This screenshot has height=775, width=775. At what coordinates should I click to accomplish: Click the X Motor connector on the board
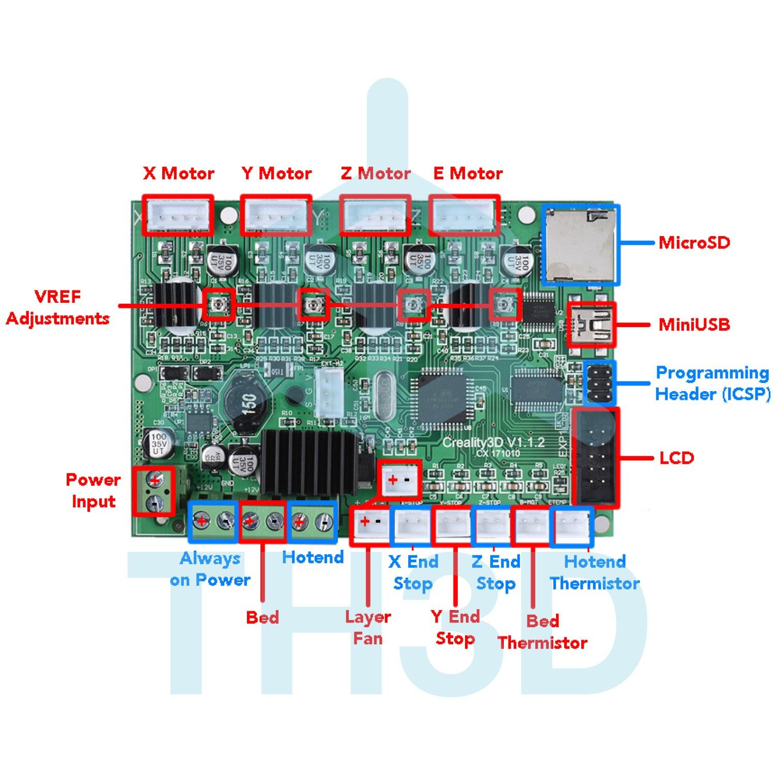177,215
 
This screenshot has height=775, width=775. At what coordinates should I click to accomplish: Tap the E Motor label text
468,174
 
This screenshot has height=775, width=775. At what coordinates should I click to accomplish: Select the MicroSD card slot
580,244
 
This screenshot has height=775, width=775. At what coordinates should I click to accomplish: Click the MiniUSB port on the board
592,324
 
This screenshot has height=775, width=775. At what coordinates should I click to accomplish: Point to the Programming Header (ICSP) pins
599,383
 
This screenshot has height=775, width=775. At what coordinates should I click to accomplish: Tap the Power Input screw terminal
154,491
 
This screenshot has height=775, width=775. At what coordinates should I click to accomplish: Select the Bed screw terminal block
261,522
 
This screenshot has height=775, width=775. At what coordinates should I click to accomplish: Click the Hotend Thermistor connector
572,527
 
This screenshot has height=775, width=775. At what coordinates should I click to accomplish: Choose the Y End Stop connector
453,527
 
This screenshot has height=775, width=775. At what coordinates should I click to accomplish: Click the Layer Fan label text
368,627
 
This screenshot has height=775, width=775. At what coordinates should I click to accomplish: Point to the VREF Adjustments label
58,307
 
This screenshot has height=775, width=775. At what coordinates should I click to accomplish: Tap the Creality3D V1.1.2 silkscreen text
493,443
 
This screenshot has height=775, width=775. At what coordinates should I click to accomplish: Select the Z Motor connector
375,215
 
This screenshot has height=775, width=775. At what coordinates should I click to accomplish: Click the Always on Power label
210,569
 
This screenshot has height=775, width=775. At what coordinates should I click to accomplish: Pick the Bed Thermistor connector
531,527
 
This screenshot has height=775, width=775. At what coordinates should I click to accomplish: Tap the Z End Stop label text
495,572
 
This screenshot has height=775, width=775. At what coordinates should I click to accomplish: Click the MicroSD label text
694,242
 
